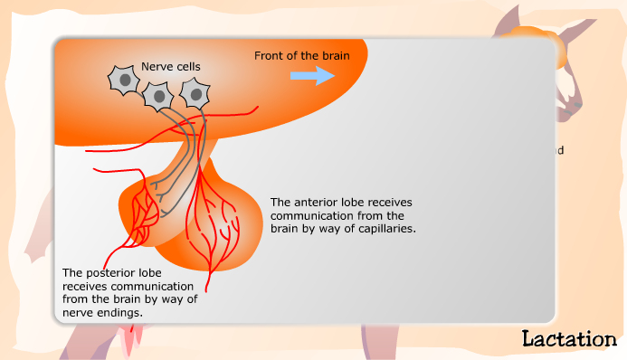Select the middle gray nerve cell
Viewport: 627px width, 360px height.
click(x=159, y=94)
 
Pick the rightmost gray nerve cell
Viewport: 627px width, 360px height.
click(x=194, y=91)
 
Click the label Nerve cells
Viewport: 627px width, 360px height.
click(x=171, y=66)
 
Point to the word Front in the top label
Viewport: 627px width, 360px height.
click(x=270, y=55)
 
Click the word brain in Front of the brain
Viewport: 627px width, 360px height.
click(x=333, y=55)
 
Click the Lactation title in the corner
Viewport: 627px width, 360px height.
click(x=569, y=339)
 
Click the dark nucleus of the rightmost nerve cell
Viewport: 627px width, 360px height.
click(x=194, y=92)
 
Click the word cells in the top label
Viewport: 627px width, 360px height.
click(x=187, y=66)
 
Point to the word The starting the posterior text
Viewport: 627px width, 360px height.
click(x=72, y=272)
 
